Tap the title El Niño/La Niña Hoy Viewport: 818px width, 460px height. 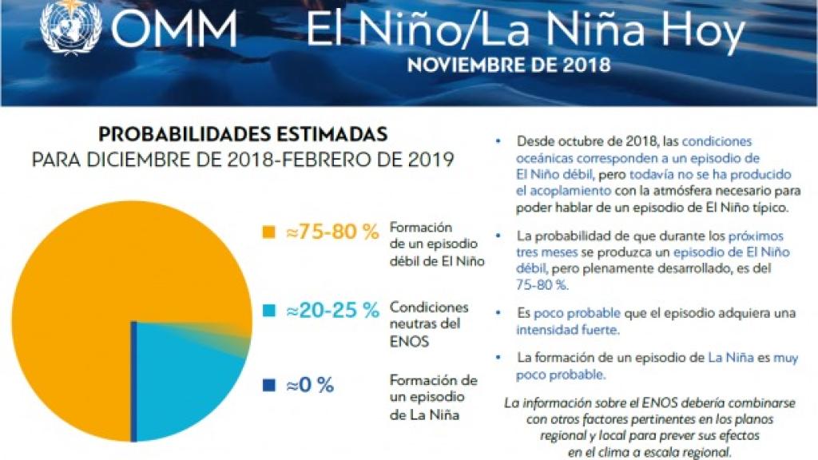(x=525, y=33)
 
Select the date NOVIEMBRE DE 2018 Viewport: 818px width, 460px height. (x=509, y=65)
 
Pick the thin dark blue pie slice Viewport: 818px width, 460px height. (x=133, y=383)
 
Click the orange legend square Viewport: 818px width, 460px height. (x=268, y=232)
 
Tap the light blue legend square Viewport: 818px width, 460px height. (x=268, y=311)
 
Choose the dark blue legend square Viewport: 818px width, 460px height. (x=268, y=386)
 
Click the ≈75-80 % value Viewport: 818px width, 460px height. (x=331, y=232)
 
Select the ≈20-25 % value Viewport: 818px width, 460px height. (x=331, y=311)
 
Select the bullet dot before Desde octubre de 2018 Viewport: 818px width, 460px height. (x=499, y=141)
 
